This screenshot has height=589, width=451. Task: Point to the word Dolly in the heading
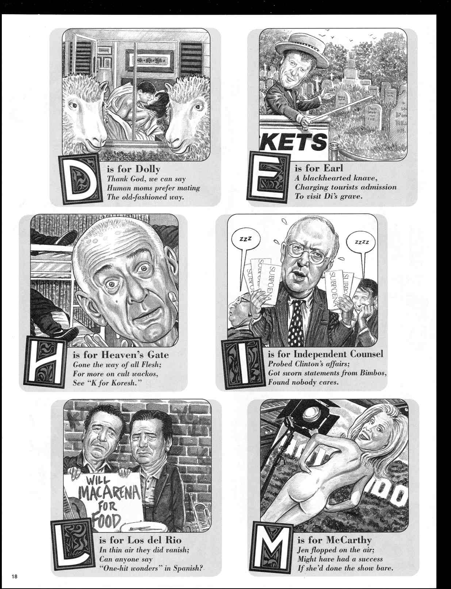point(148,169)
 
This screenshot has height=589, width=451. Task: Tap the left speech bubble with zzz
point(245,240)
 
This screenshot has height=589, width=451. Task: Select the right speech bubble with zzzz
point(362,243)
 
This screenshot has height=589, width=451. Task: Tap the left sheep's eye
point(73,106)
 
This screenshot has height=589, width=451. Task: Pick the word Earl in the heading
point(333,168)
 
